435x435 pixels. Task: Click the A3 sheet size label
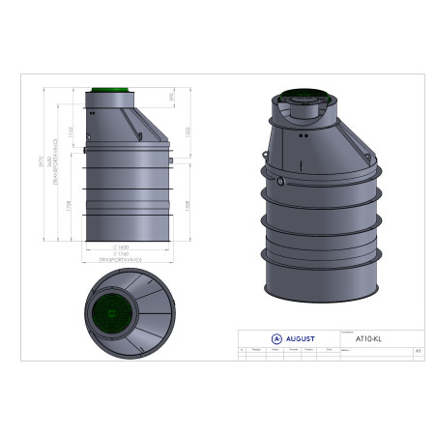tap(418, 351)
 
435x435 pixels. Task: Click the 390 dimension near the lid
tap(170, 98)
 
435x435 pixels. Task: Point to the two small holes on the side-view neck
tap(93, 112)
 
